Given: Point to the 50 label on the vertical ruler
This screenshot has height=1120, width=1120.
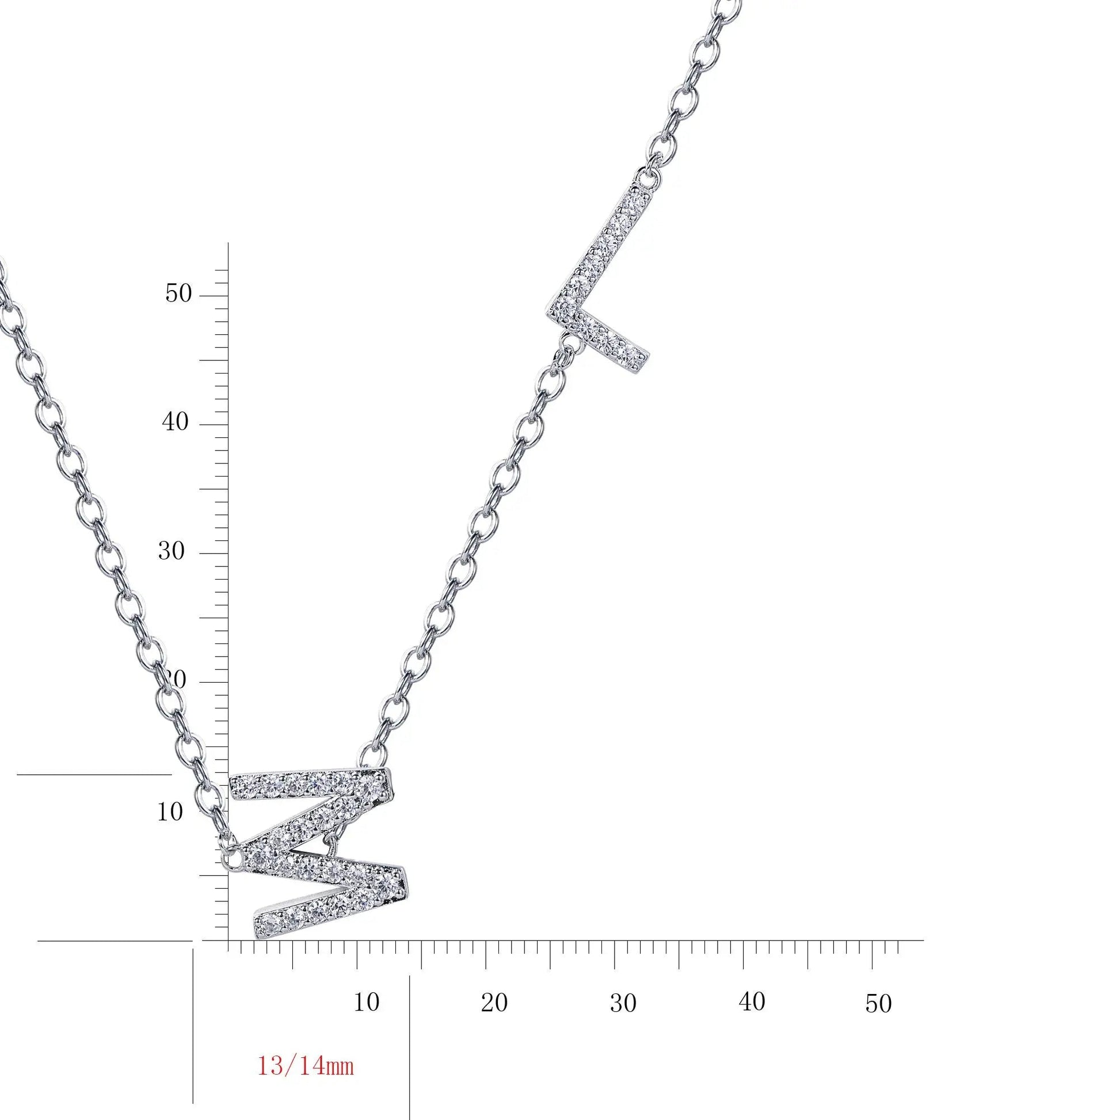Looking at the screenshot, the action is coord(178,294).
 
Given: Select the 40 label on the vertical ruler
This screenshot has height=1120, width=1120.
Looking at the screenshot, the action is coord(175,422).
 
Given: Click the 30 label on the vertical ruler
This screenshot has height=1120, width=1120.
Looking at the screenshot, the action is coord(172,551).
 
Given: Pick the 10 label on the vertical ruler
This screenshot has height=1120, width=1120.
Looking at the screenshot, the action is coord(170,812).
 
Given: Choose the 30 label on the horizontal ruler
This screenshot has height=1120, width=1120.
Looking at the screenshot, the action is coord(623,1003).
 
